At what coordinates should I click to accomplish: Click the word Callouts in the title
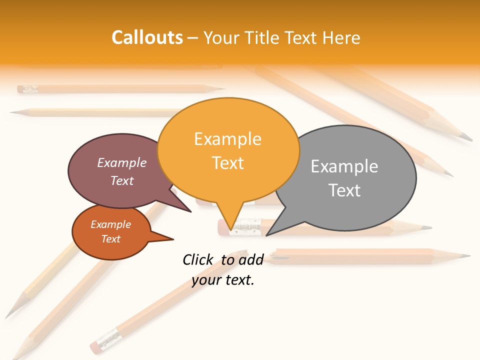tap(147, 37)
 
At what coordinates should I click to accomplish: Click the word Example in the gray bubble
tap(344, 166)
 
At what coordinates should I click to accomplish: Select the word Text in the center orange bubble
tap(228, 163)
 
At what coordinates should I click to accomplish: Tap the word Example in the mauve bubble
tap(122, 163)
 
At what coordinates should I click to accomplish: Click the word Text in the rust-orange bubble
tap(111, 239)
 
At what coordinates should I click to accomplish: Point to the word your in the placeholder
tap(206, 280)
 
